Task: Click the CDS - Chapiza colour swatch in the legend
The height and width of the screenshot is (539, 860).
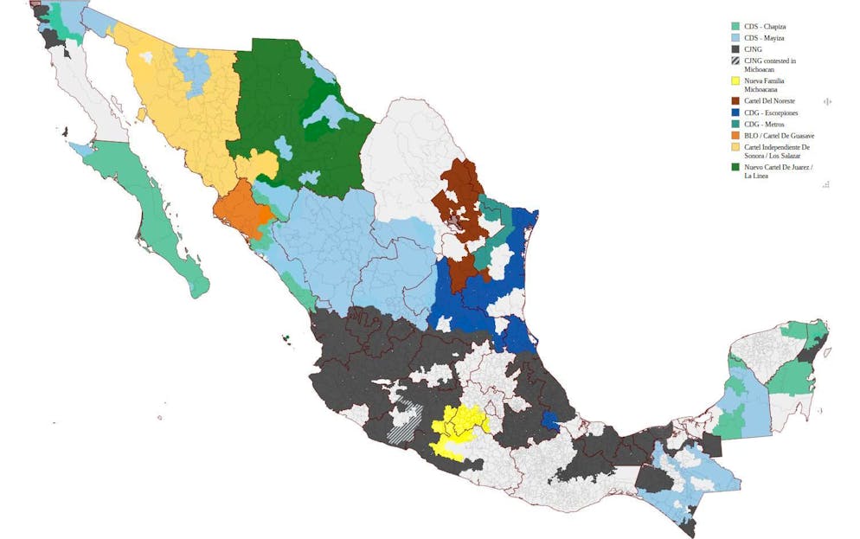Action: coord(735,27)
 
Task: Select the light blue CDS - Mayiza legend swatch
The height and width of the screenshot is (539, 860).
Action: coord(735,39)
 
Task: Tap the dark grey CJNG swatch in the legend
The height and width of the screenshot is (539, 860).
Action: coord(735,50)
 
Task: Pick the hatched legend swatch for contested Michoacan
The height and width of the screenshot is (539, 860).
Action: coord(735,61)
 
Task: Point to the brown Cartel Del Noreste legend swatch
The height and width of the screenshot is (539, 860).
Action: coord(735,101)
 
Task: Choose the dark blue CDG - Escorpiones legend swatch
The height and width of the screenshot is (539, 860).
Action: coord(735,113)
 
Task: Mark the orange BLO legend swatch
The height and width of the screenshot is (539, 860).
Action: coord(735,136)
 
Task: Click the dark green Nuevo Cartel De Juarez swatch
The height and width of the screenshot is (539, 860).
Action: coord(735,166)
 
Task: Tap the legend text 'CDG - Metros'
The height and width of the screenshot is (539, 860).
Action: coord(764,125)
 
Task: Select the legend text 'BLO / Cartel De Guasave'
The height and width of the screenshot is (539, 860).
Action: coord(779,136)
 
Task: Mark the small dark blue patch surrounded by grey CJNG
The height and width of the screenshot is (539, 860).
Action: coord(549,419)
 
